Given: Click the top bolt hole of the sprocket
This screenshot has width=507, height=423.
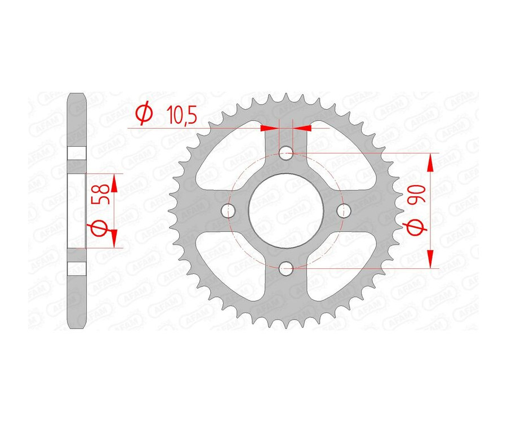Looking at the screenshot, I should [286, 152].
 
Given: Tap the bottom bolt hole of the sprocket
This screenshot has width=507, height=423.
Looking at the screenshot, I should [286, 268].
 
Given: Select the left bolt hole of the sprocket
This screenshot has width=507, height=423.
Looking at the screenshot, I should [228, 210].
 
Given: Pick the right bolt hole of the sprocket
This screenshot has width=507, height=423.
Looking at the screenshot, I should [344, 210].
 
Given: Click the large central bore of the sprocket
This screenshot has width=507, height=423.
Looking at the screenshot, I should [286, 210].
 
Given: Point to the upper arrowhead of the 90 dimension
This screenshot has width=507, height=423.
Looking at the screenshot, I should [430, 163].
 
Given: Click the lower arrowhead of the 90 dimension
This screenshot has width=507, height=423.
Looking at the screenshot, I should [430, 258].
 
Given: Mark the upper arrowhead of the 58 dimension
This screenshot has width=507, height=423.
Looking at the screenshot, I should [115, 183].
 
